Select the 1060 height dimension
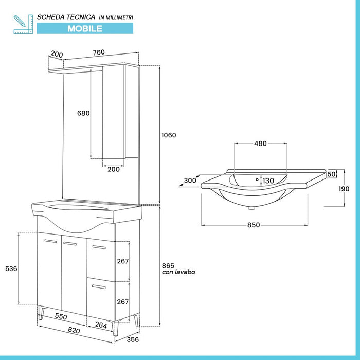point(168,135)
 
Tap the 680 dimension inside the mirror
point(83,113)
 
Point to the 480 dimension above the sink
point(260,143)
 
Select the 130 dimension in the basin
point(268,181)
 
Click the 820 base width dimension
point(74,331)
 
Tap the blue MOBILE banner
point(84,29)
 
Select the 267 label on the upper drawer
point(123,261)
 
